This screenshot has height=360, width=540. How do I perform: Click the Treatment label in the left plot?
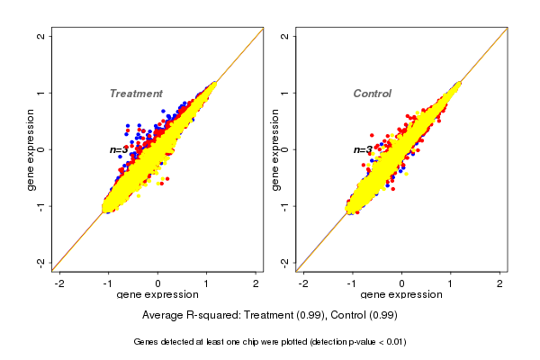pos(136,94)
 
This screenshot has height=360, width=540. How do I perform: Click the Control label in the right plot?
pos(372,94)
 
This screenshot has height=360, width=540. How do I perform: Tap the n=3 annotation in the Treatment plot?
pos(118,149)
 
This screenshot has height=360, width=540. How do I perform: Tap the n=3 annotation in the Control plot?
pos(362,149)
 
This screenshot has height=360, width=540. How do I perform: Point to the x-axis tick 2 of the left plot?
pos(256,283)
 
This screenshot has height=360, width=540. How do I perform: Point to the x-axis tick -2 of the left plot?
pos(60,283)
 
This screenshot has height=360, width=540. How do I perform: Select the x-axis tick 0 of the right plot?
pos(401,283)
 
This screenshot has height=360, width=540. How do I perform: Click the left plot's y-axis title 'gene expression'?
pos(31,149)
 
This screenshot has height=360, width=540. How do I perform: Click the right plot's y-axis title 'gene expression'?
pos(275,149)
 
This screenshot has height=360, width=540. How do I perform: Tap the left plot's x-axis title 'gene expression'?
pos(157,296)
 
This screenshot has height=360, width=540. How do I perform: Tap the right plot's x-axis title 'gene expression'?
pos(401,296)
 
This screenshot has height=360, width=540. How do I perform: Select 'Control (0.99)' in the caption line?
pos(364,316)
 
